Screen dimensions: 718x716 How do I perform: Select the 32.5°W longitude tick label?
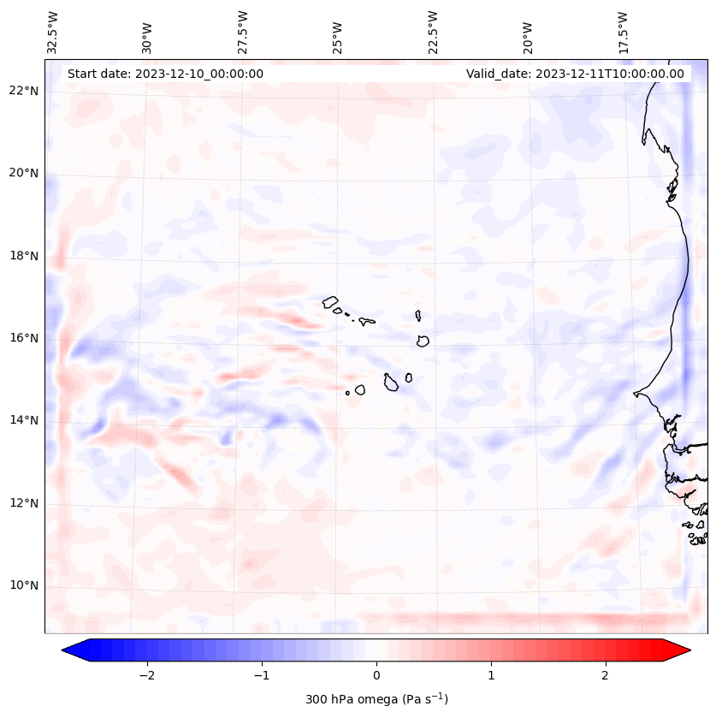[53, 33]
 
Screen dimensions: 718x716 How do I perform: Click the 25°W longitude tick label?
[338, 33]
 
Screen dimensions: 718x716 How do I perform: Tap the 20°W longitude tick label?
[528, 33]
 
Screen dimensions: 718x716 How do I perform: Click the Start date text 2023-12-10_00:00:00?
[165, 74]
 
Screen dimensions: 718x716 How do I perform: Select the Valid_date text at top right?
[575, 74]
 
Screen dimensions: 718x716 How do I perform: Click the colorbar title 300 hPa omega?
[376, 699]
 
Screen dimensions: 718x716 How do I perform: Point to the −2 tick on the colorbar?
[146, 674]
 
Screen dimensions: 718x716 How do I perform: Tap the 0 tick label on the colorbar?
[376, 674]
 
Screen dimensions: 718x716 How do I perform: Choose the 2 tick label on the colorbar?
[606, 674]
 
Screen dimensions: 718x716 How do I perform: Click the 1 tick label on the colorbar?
[491, 674]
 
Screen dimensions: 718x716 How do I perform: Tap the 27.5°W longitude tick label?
[243, 33]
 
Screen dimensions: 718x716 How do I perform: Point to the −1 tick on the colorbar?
[261, 674]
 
